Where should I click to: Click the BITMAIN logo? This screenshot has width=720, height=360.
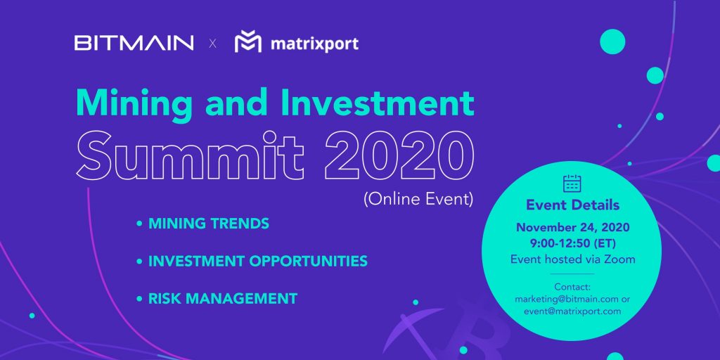pyautogui.click(x=134, y=43)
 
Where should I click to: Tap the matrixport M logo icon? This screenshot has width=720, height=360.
pyautogui.click(x=248, y=41)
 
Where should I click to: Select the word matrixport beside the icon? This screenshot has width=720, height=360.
pyautogui.click(x=314, y=44)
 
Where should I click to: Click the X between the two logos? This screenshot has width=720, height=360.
pyautogui.click(x=212, y=44)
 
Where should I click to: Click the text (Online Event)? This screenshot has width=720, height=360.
pyautogui.click(x=418, y=200)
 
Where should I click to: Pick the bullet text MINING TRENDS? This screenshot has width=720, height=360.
pyautogui.click(x=208, y=224)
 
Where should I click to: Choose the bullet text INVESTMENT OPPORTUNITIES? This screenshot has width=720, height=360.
pyautogui.click(x=257, y=262)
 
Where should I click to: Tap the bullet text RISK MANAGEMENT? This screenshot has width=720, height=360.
pyautogui.click(x=223, y=298)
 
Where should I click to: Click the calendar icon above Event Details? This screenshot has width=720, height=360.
pyautogui.click(x=572, y=184)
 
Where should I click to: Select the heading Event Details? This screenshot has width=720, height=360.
pyautogui.click(x=572, y=205)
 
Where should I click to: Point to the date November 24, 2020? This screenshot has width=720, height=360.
pyautogui.click(x=572, y=227)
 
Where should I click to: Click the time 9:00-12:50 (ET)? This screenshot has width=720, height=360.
pyautogui.click(x=572, y=243)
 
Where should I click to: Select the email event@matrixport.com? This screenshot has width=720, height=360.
pyautogui.click(x=572, y=311)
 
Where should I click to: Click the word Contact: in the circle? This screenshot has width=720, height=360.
pyautogui.click(x=572, y=287)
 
